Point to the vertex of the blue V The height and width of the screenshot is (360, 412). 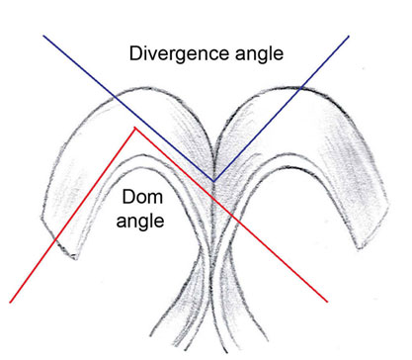click(214, 180)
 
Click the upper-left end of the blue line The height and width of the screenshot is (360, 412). click(42, 36)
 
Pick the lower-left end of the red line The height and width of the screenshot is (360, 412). click(10, 301)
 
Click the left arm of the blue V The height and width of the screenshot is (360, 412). click(128, 108)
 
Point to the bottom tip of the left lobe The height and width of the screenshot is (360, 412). click(72, 259)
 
